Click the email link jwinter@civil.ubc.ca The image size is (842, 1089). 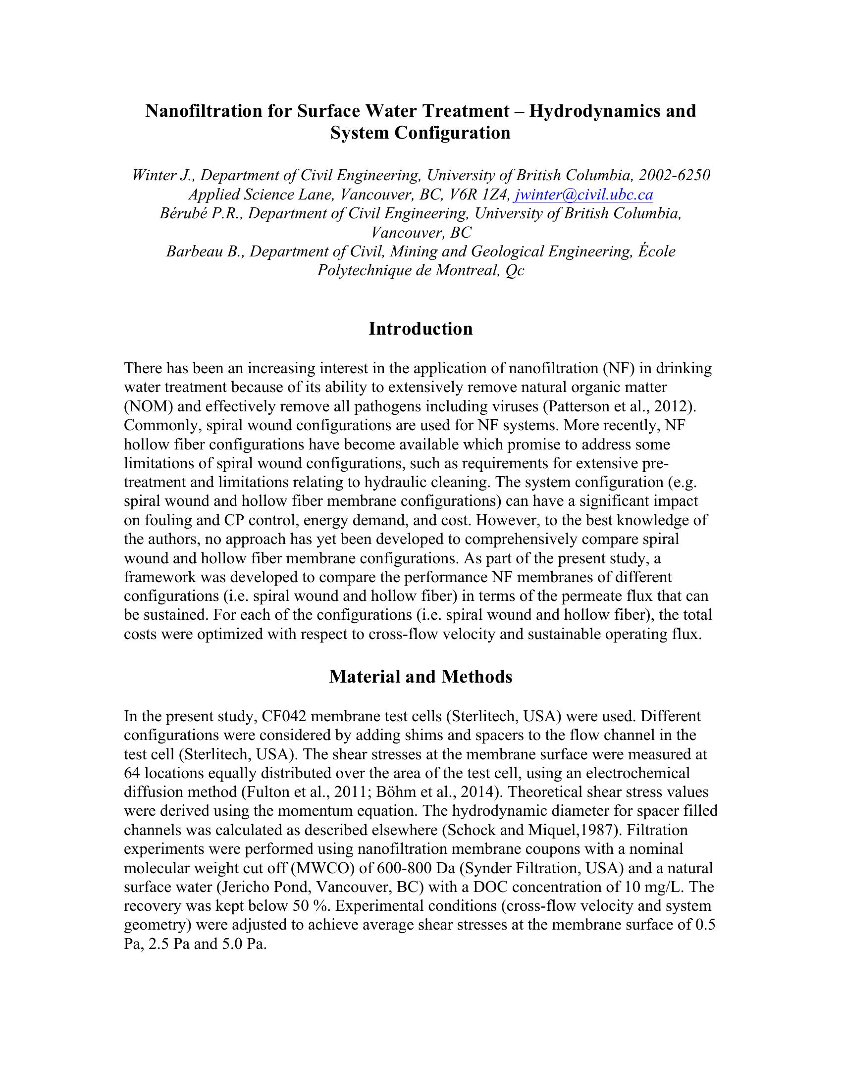tap(583, 195)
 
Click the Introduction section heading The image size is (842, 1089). tap(421, 329)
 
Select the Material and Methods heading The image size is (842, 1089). tap(421, 677)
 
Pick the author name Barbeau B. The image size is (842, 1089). tap(204, 251)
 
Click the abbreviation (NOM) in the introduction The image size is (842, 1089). tap(148, 406)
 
